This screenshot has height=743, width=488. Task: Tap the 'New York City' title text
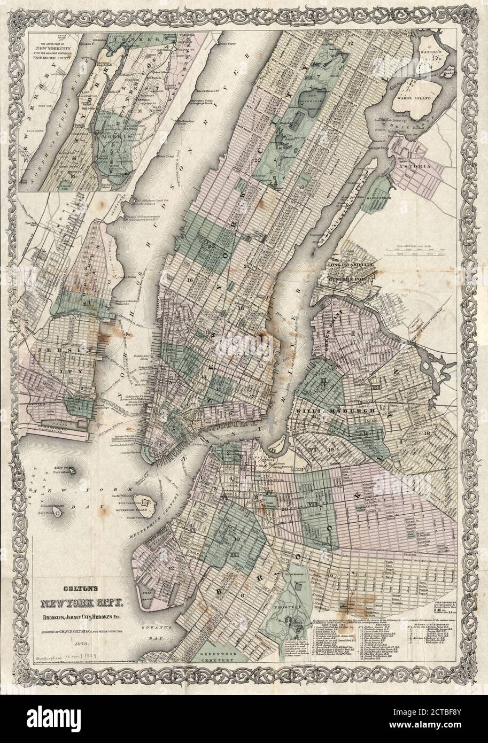tap(80, 605)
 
